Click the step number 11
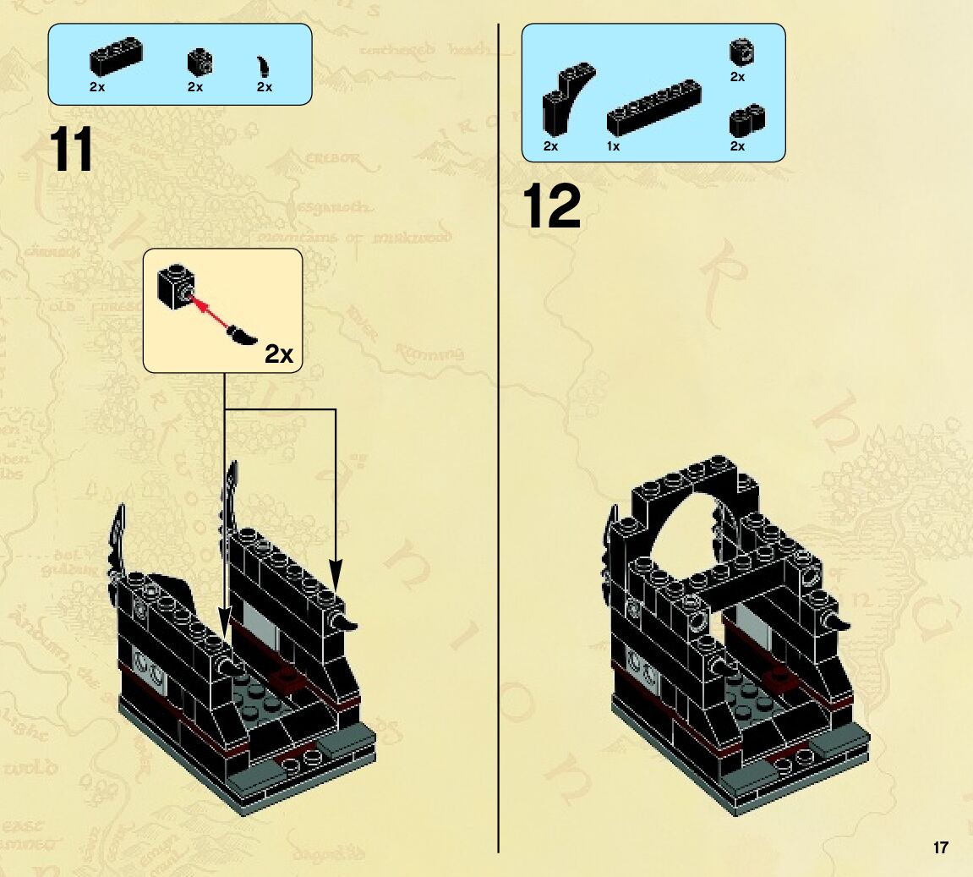[72, 151]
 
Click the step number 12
[552, 207]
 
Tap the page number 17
[941, 847]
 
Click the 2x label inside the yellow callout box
[279, 354]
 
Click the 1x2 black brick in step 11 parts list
[116, 58]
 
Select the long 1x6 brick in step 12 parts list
[654, 107]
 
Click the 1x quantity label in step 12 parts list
[613, 146]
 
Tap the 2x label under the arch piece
[550, 146]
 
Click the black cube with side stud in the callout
[175, 287]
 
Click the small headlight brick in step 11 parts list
[200, 61]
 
